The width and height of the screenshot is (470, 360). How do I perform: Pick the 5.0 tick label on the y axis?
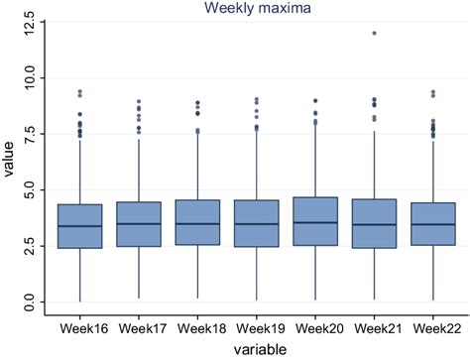pos(32,188)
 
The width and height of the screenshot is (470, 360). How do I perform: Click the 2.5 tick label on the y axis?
pos(32,245)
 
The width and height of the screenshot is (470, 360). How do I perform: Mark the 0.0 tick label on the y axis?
pos(32,300)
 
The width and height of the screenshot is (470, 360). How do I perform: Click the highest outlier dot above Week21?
pos(374,33)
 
